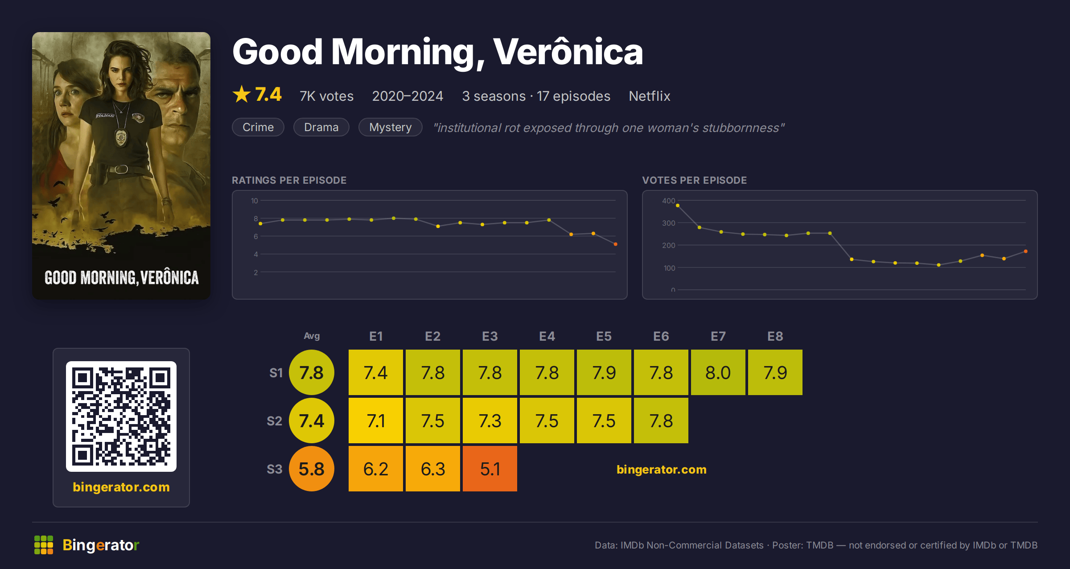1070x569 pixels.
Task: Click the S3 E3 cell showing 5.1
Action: tap(490, 469)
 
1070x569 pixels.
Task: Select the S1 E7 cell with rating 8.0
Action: tap(718, 372)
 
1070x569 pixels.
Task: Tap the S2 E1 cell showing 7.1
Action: tap(376, 421)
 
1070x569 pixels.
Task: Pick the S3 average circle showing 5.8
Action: tap(312, 469)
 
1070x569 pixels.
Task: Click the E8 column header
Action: tap(775, 336)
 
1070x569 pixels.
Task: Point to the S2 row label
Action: tap(275, 421)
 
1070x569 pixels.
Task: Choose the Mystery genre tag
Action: tap(391, 127)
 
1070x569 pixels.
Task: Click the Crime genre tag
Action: tap(258, 127)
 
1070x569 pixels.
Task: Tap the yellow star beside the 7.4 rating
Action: tap(242, 94)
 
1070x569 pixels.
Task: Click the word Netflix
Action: tap(650, 96)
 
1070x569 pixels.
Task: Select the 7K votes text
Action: tap(326, 96)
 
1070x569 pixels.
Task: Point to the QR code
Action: tap(121, 416)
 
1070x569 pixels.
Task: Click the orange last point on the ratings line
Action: tap(616, 244)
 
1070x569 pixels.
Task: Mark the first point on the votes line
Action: tap(678, 206)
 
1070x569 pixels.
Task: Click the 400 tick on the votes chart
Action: tap(668, 201)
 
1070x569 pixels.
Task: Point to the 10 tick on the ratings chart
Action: tap(255, 201)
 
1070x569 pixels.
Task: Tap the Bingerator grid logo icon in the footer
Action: tap(44, 545)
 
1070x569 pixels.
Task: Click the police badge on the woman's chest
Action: tap(121, 138)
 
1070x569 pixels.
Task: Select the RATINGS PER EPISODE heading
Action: tap(289, 180)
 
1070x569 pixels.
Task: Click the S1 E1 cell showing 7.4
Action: tap(376, 372)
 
